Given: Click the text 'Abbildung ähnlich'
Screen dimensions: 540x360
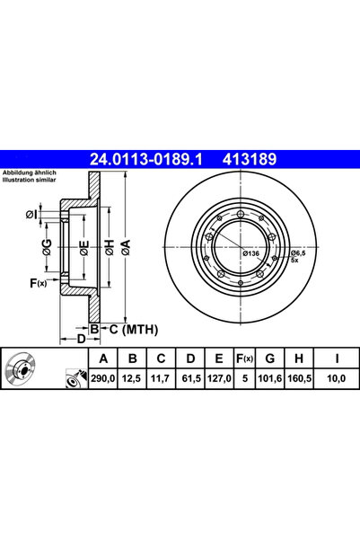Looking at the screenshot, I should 29,173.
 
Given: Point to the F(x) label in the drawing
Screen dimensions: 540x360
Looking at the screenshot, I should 39,283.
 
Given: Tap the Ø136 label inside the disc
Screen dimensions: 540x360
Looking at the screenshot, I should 251,254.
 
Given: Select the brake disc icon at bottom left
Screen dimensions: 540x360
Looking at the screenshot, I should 18,369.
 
